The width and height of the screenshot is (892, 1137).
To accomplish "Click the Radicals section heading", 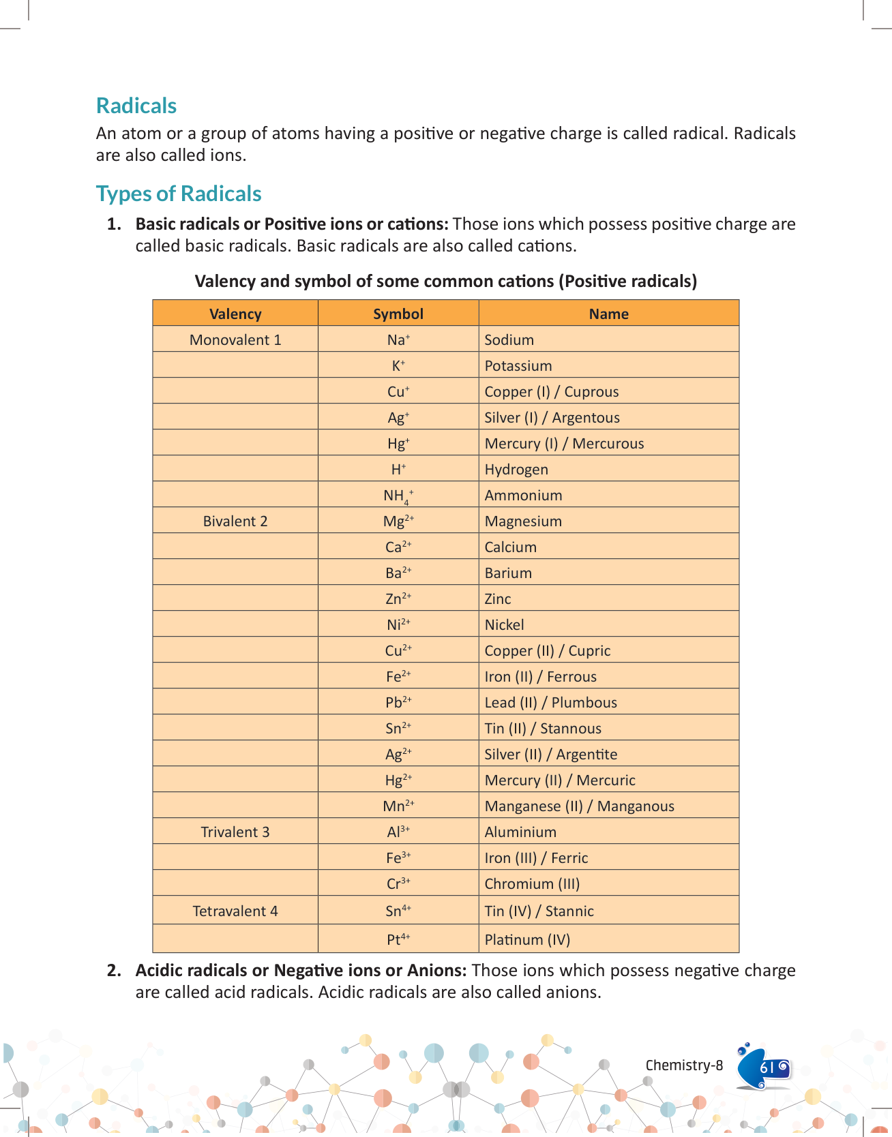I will coord(136,106).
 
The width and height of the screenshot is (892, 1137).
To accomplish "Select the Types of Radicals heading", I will coord(179,194).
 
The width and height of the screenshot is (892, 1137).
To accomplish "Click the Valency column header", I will coord(235,314).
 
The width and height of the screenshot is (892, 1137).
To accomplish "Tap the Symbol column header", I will coord(398,314).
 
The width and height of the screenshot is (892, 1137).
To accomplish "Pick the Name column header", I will coord(608,314).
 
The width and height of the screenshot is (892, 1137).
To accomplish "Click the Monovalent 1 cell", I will coord(235,339).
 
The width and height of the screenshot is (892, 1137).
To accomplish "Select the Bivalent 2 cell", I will coord(235,521).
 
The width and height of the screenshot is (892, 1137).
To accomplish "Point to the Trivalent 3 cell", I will coord(235,832).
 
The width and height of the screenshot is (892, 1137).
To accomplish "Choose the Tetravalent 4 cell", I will coord(235,911).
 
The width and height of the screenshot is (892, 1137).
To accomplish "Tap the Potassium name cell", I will coord(518,365).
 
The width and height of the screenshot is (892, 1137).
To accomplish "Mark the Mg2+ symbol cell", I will coord(398,521).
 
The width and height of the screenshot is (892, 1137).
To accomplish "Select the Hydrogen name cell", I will coord(516,469).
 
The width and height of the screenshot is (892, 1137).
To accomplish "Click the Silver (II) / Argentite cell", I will coord(550,754).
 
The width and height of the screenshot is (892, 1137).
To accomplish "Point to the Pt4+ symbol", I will coord(398,939).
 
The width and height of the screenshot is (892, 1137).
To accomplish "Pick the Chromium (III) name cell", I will coord(532,883).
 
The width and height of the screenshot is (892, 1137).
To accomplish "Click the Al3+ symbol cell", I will coord(398,832).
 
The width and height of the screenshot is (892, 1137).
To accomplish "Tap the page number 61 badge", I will coord(767,1067).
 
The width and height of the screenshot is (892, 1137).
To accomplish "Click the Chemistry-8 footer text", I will coord(684,1065).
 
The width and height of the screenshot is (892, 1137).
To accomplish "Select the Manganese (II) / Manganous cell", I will coord(579,806).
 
